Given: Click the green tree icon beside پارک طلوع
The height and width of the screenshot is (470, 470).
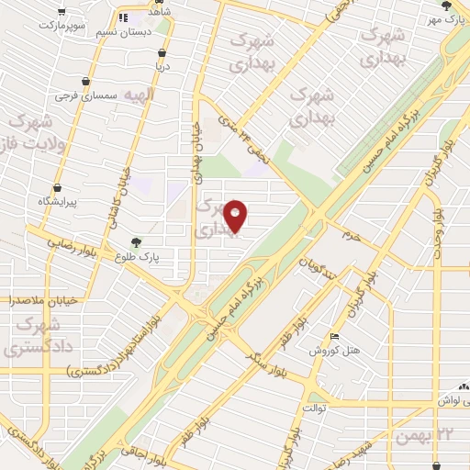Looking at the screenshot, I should point(136,242).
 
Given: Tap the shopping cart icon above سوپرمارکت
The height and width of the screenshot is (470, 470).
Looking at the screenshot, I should point(61,13).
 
